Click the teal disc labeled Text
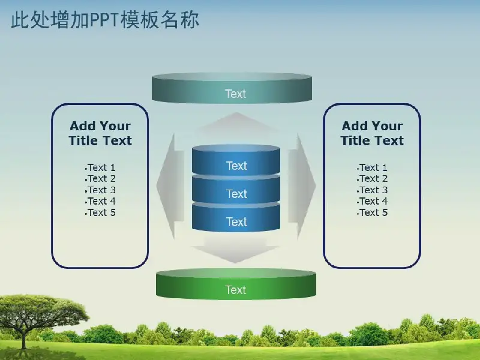pos(232,88)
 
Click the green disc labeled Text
pos(236,284)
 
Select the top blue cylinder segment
pos(236,160)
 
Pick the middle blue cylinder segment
pos(236,190)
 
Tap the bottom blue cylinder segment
pos(236,217)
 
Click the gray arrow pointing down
pos(235,250)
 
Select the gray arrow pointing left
pos(170,186)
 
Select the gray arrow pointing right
pos(302,186)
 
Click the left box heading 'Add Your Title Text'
pos(100,133)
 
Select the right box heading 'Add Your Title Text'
pos(372,133)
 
